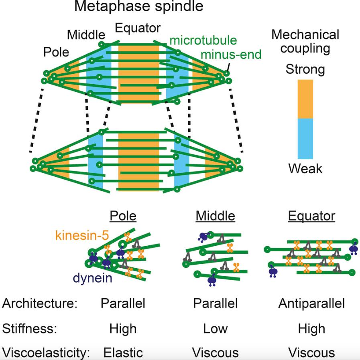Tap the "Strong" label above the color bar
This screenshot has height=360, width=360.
(x=305, y=69)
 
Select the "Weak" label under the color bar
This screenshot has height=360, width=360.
(x=305, y=168)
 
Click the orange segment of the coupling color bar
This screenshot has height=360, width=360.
(x=305, y=99)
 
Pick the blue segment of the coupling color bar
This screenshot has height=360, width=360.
(x=305, y=139)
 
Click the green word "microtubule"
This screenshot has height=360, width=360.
(x=203, y=40)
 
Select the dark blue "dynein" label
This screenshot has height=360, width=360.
(x=92, y=278)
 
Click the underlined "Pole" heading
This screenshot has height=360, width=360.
(x=123, y=216)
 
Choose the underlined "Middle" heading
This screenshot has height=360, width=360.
(x=215, y=216)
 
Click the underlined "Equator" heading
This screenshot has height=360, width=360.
(x=311, y=216)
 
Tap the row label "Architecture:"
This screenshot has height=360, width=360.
(x=39, y=303)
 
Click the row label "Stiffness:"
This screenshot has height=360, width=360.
(x=30, y=329)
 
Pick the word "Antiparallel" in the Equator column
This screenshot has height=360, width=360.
(x=311, y=303)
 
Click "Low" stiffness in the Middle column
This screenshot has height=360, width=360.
(x=215, y=329)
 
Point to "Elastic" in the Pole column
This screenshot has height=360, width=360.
(x=123, y=353)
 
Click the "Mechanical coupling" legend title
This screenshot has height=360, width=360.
(x=305, y=41)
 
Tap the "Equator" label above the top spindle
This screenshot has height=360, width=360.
(x=138, y=28)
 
